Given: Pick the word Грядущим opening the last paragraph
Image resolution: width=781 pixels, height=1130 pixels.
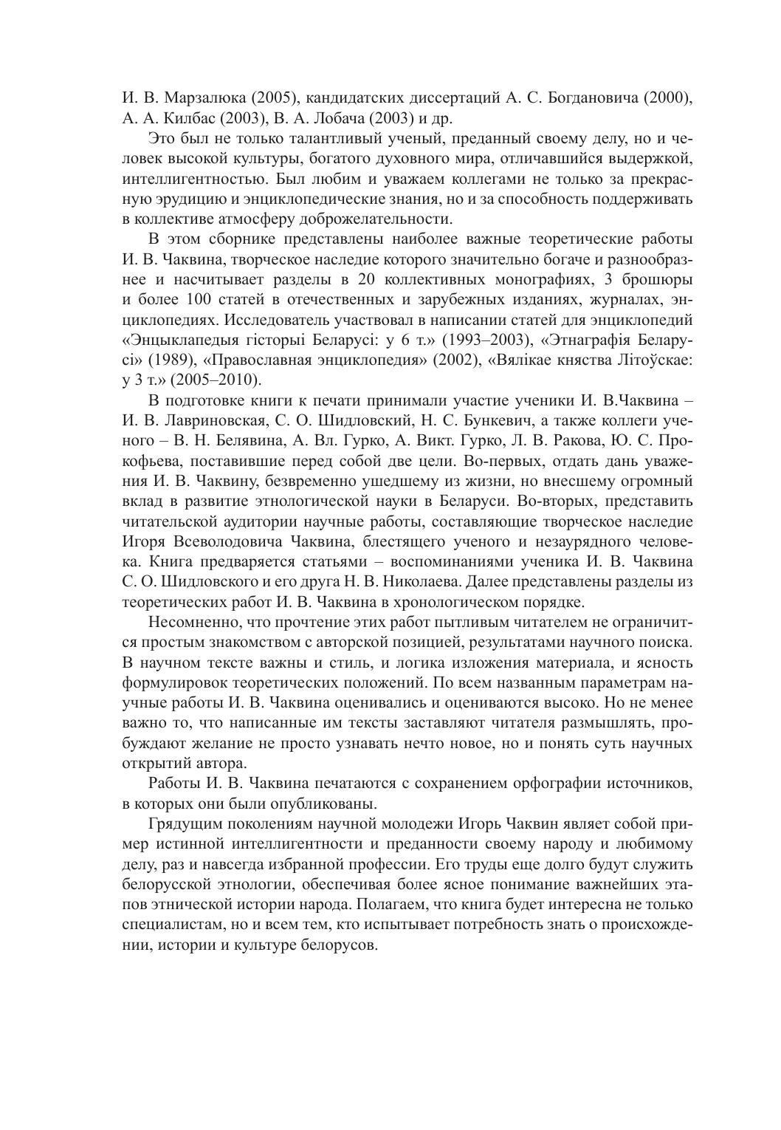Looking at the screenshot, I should (181, 823).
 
